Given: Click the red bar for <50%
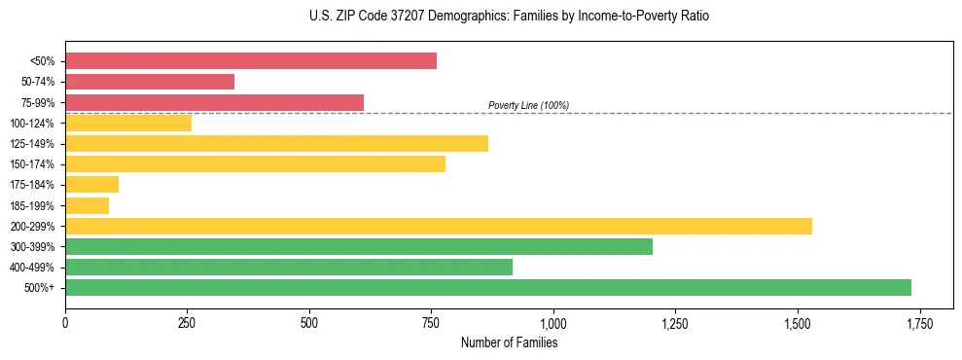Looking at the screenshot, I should pyautogui.click(x=251, y=61).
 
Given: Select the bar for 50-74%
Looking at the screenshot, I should pyautogui.click(x=150, y=82).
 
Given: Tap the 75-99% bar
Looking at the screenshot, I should pyautogui.click(x=214, y=102).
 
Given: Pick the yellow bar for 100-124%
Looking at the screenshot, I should pyautogui.click(x=128, y=123).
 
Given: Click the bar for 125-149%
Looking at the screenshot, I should pyautogui.click(x=276, y=144).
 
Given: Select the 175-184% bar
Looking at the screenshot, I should pyautogui.click(x=91, y=185).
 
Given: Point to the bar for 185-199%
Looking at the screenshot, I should pyautogui.click(x=87, y=205).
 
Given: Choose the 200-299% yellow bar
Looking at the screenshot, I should pyautogui.click(x=439, y=226).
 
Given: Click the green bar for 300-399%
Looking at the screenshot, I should pyautogui.click(x=359, y=246).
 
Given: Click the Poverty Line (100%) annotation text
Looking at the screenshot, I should pyautogui.click(x=528, y=105).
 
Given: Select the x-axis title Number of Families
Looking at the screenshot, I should pyautogui.click(x=509, y=342).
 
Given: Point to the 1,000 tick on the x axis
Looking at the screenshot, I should pyautogui.click(x=553, y=323).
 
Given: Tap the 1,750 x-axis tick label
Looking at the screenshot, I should pyautogui.click(x=919, y=323).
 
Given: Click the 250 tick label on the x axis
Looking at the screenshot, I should pyautogui.click(x=187, y=323).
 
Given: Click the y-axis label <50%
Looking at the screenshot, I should pyautogui.click(x=43, y=61).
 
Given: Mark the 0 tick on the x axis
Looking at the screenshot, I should pyautogui.click(x=65, y=323).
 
